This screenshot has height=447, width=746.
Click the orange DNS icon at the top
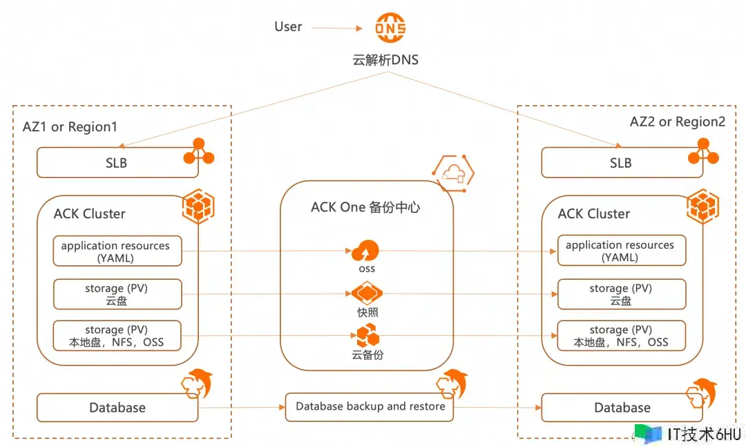point(390,28)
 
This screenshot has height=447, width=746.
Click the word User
point(288,27)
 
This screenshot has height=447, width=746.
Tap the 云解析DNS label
point(385,60)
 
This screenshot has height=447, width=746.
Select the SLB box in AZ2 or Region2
point(620,163)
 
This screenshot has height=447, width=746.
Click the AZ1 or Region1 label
point(70,127)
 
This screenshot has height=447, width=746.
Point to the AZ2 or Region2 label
point(678,122)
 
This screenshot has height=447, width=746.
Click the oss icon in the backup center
point(366,250)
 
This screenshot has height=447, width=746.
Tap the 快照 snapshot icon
point(367,294)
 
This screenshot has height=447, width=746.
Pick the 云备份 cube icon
point(367,336)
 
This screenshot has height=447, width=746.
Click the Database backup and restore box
point(370,407)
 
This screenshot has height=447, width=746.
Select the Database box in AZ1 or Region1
point(117,408)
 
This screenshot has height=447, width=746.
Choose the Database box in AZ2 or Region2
point(622,408)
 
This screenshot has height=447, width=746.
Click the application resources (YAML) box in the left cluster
point(117,251)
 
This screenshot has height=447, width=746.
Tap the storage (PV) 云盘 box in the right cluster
point(622,294)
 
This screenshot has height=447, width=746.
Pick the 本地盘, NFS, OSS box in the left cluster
point(117,336)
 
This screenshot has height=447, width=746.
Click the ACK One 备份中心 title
point(366,207)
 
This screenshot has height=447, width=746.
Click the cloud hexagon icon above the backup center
point(452,173)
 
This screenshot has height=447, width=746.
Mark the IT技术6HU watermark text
point(704,435)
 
